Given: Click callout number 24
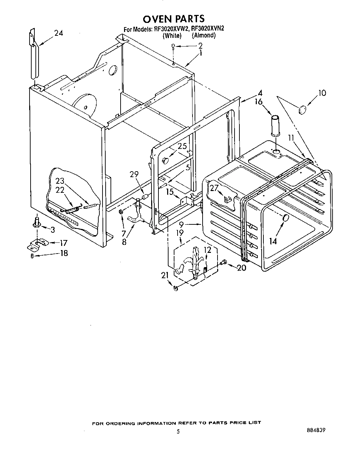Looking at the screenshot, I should tap(58, 33).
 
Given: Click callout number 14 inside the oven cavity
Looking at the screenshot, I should tap(273, 240).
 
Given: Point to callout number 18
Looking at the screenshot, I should tap(64, 253).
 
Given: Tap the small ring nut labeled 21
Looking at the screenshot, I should tap(175, 288).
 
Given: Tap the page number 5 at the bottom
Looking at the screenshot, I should tap(178, 432).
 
